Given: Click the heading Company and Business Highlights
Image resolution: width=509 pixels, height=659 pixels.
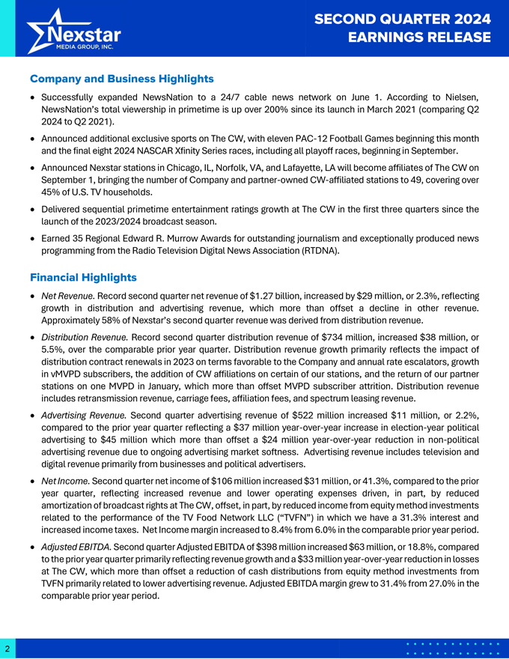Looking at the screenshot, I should (122, 79).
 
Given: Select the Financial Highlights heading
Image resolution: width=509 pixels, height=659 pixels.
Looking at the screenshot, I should (83, 278).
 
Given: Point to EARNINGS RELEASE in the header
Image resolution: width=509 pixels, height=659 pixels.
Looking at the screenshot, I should (421, 37).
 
